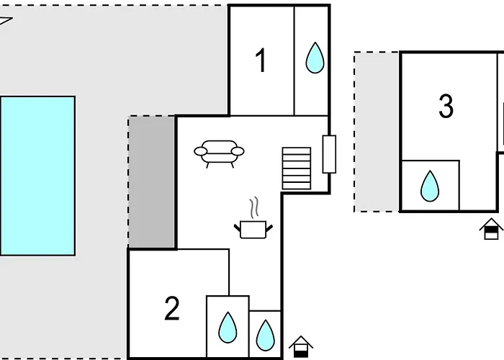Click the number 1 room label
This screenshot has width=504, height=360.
point(261,60)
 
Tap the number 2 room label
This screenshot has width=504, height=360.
point(171,309)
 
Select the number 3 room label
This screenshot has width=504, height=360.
point(446,107)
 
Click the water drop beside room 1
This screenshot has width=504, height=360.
point(314,58)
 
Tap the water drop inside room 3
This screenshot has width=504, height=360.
point(430,186)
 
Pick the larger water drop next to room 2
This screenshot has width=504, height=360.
point(228,328)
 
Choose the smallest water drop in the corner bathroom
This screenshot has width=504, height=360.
point(265,334)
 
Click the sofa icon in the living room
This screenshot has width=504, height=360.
point(219,153)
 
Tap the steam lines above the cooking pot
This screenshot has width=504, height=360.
point(253,208)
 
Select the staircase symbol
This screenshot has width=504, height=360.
point(296,168)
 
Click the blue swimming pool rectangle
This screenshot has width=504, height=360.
point(37,176)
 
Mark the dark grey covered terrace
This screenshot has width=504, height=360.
point(152,182)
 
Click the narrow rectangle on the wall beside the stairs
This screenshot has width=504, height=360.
point(329,154)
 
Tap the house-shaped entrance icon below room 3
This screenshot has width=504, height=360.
point(491,229)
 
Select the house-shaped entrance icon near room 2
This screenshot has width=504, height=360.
point(301,347)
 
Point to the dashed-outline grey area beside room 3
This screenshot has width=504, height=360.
point(377,132)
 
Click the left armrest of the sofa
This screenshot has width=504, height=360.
point(199,151)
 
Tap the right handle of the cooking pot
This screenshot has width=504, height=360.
point(270,228)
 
